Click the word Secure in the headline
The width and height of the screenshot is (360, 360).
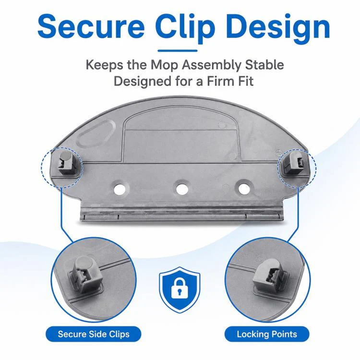[91, 26]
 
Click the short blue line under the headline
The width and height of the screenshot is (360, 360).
[178, 51]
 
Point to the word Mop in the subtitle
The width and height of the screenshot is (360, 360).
[164, 65]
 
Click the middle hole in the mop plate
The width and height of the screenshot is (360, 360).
[182, 189]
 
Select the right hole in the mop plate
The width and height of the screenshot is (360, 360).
[244, 189]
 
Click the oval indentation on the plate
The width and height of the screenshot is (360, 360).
[96, 133]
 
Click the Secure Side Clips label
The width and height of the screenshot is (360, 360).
[94, 334]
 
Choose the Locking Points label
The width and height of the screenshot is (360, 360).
[267, 334]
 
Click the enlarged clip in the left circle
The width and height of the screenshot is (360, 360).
[85, 275]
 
